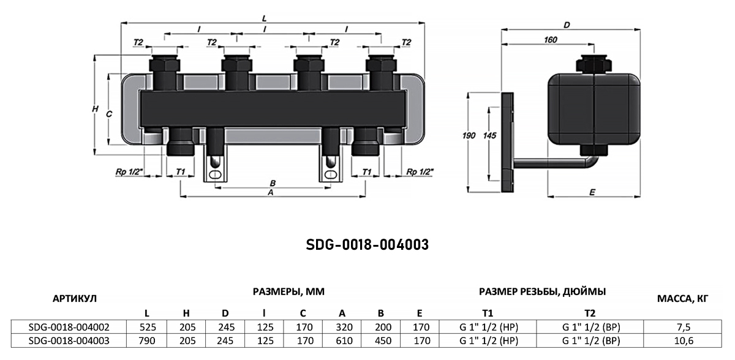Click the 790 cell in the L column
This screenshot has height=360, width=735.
[146, 340]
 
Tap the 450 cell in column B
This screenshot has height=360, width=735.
[383, 340]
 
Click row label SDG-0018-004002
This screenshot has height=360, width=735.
[69, 327]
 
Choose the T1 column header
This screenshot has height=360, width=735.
[488, 313]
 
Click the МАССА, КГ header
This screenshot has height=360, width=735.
[683, 299]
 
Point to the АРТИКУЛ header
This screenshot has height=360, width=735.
[75, 299]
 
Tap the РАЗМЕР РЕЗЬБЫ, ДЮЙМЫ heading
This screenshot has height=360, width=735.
[543, 291]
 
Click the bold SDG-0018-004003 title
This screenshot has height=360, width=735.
[367, 244]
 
